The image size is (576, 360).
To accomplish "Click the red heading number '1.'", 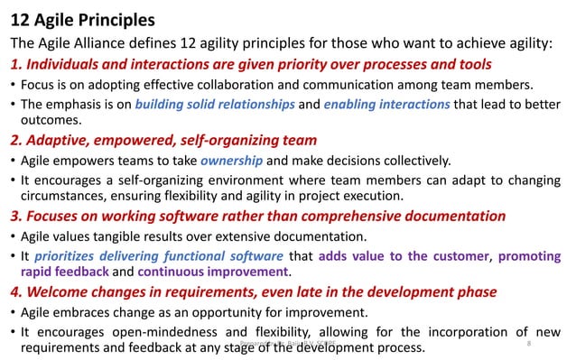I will click(16, 64).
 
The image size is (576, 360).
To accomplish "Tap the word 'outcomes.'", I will click(51, 120).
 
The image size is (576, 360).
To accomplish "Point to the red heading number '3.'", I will click(16, 216).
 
